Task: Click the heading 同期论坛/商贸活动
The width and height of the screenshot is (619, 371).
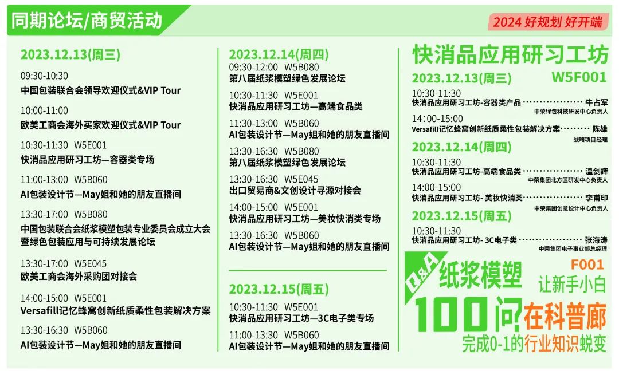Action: pyautogui.click(x=87, y=21)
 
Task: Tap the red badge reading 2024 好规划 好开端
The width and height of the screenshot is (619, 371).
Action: pyautogui.click(x=548, y=22)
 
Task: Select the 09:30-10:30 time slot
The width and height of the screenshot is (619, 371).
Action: pyautogui.click(x=44, y=76)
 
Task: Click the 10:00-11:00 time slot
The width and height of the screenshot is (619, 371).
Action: pyautogui.click(x=44, y=110)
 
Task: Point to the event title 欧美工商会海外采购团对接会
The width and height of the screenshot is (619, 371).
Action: pyautogui.click(x=79, y=276)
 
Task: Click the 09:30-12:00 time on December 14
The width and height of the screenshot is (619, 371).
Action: pyautogui.click(x=253, y=67)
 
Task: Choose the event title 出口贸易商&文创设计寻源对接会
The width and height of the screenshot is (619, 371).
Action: pyautogui.click(x=295, y=191)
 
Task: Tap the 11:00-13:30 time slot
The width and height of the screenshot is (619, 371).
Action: pyautogui.click(x=253, y=335)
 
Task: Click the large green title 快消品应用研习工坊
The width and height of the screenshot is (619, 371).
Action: pyautogui.click(x=510, y=54)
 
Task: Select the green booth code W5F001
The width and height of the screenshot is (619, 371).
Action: pyautogui.click(x=579, y=77)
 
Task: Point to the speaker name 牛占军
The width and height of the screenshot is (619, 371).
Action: pyautogui.click(x=597, y=102)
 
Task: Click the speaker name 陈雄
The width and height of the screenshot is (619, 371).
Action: pyautogui.click(x=600, y=129)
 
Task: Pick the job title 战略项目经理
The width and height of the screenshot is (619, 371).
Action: pyautogui.click(x=590, y=140)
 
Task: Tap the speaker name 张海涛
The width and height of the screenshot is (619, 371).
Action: pyautogui.click(x=597, y=240)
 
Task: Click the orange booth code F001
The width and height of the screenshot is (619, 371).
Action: pyautogui.click(x=587, y=265)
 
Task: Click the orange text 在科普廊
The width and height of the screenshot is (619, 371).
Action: pyautogui.click(x=565, y=315)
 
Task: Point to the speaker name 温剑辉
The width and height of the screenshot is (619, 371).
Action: pyautogui.click(x=597, y=171)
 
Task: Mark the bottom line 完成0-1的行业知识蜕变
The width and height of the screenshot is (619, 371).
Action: pyautogui.click(x=534, y=344)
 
